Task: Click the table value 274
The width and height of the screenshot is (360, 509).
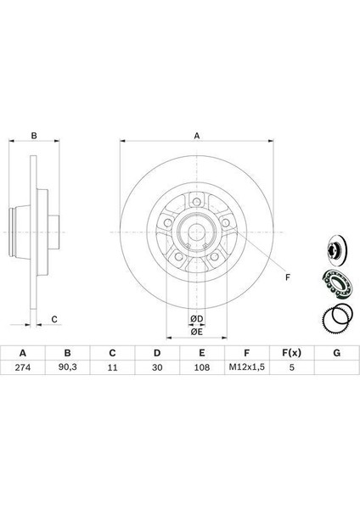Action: click(23, 367)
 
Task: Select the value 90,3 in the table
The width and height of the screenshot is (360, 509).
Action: click(68, 367)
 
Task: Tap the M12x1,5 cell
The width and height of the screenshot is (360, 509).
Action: click(247, 367)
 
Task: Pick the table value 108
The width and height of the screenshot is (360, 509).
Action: click(202, 367)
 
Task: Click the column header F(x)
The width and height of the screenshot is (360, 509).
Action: click(291, 353)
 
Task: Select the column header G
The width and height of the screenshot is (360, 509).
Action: click(337, 353)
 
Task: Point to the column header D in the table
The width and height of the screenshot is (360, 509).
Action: click(157, 353)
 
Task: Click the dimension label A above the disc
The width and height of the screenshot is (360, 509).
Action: click(197, 136)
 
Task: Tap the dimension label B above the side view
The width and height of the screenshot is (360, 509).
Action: click(34, 136)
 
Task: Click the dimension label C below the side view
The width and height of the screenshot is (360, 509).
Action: click(54, 320)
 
